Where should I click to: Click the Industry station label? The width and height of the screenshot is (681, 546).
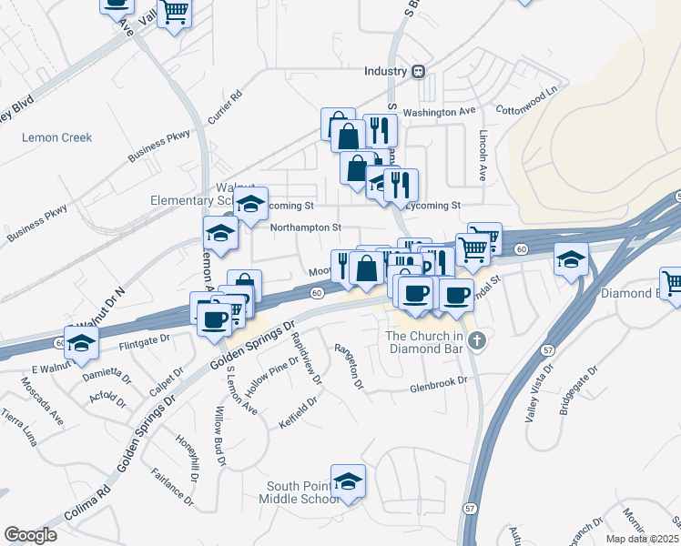[384, 71]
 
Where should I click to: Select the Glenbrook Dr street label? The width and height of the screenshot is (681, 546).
[438, 383]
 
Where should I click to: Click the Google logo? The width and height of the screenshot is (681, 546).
[30, 535]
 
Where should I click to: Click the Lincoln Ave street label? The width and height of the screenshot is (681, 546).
[483, 150]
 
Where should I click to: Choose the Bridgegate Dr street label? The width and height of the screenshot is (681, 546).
[578, 389]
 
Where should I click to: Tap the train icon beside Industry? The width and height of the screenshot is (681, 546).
[418, 71]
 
